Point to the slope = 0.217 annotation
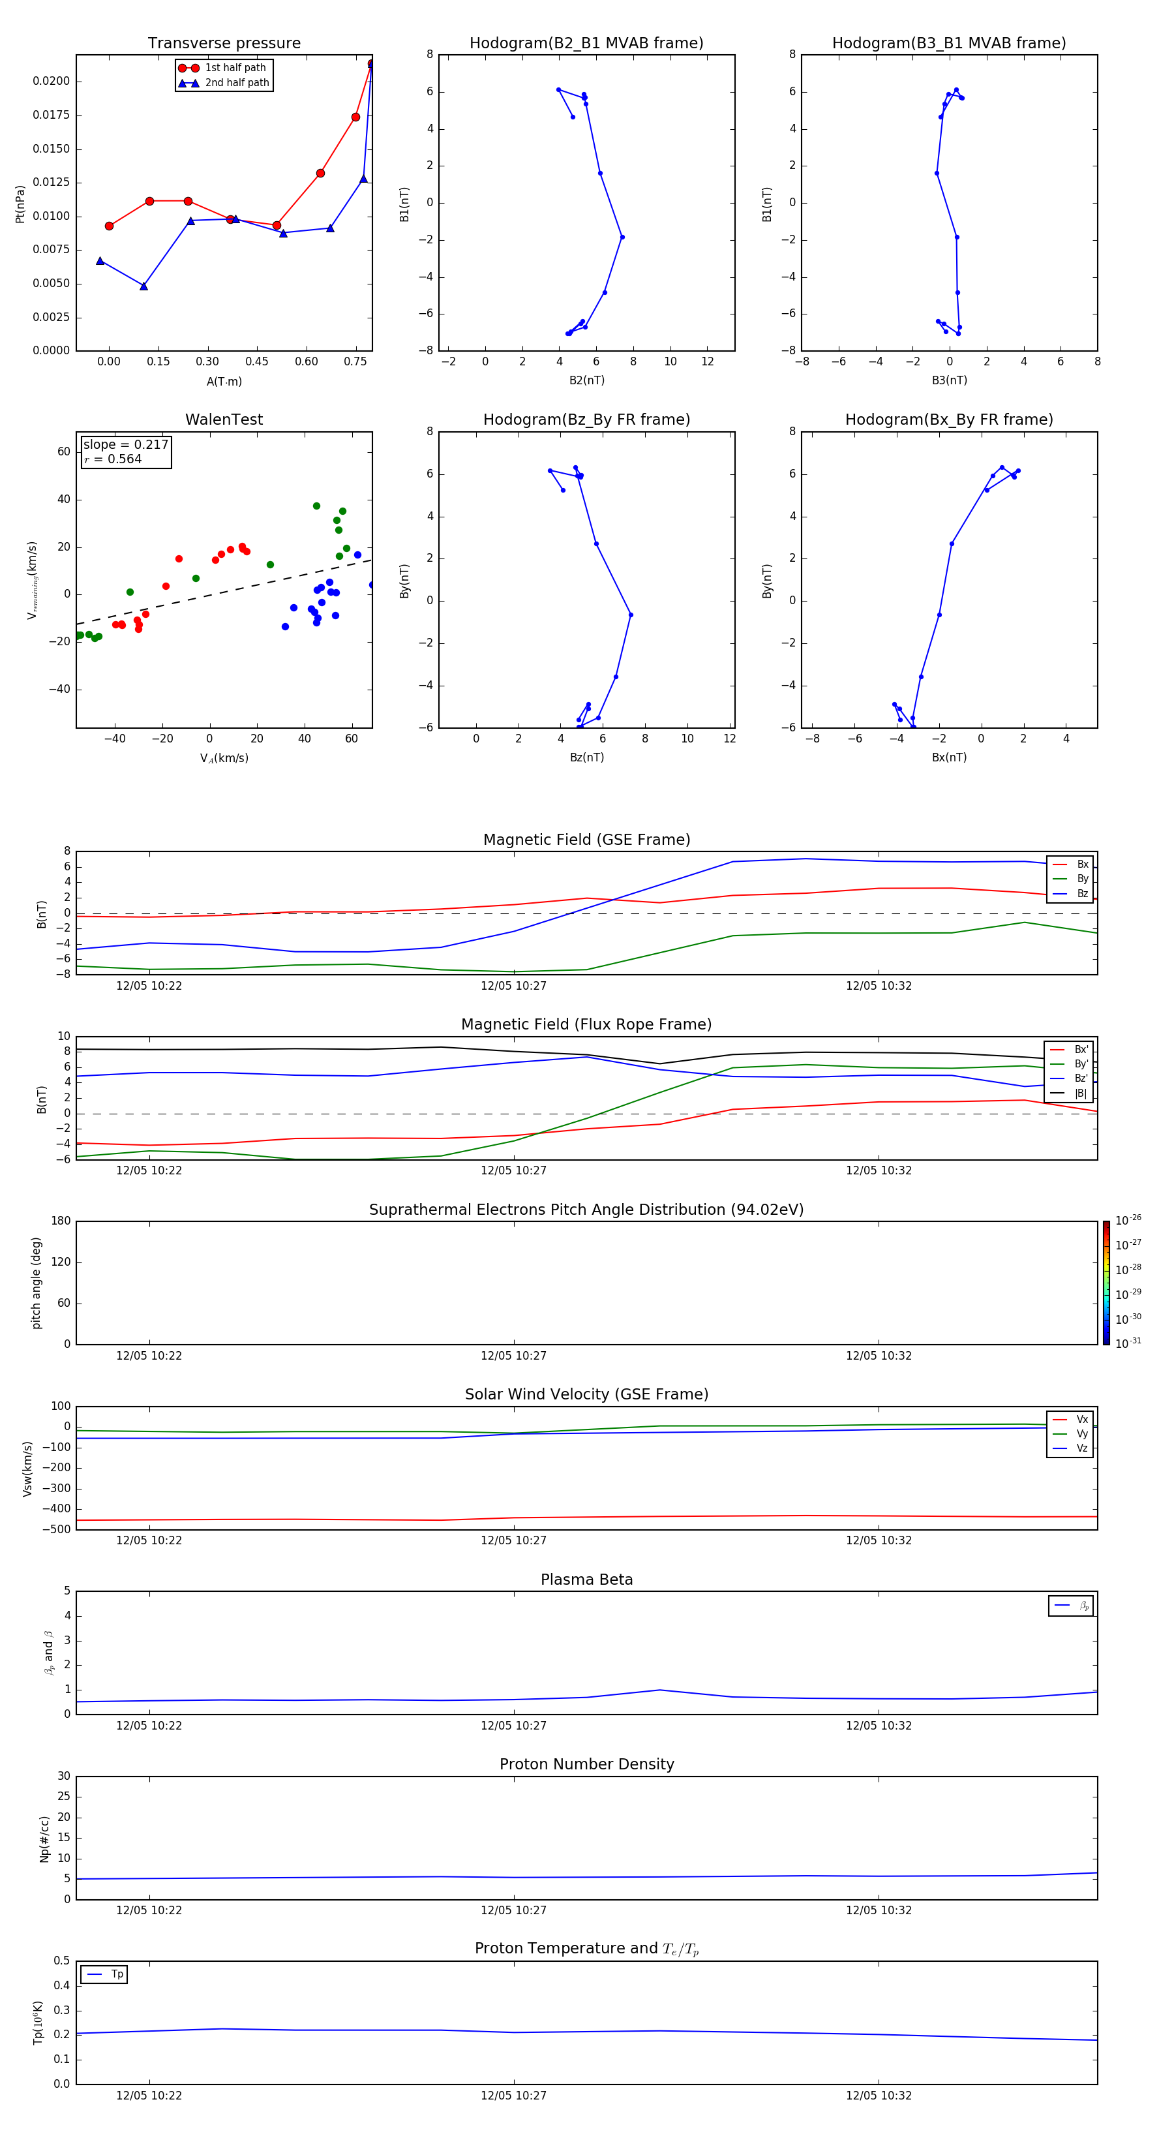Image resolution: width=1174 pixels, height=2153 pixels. [125, 445]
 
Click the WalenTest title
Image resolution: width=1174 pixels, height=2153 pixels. [224, 420]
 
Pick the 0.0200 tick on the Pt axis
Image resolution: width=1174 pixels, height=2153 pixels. [51, 81]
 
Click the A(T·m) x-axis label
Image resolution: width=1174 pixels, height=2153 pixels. [224, 382]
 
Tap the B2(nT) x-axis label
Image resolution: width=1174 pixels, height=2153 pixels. [586, 380]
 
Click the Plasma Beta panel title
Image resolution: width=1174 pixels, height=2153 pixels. [586, 1580]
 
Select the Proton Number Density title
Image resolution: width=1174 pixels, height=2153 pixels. [586, 1764]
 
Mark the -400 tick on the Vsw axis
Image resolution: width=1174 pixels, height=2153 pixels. [57, 1508]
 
